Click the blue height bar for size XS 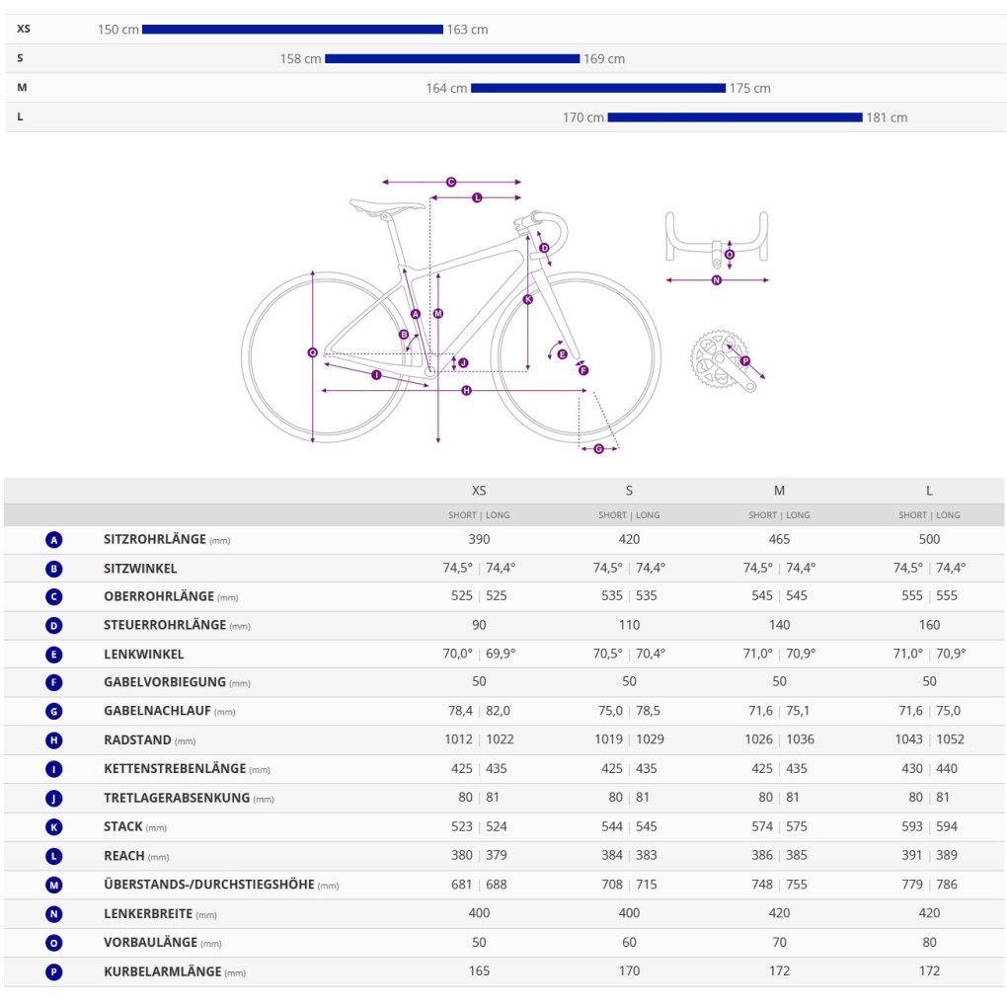point(292,30)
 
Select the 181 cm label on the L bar point(887,117)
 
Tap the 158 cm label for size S point(300,59)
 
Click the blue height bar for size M point(597,88)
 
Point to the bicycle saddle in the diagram point(386,205)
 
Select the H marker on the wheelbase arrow point(466,391)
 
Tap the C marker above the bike point(451,182)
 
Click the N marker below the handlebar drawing point(717,280)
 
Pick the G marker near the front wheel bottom point(598,449)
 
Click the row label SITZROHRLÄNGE point(155,539)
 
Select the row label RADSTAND point(137,739)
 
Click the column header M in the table point(779,491)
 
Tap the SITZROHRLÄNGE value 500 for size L point(929,539)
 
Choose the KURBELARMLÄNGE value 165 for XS point(479,971)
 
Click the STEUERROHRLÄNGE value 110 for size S point(629,625)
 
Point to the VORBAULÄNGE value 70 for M point(779,943)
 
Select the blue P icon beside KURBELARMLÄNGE point(54,972)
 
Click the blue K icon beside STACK point(54,827)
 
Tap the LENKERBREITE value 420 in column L point(929,913)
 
